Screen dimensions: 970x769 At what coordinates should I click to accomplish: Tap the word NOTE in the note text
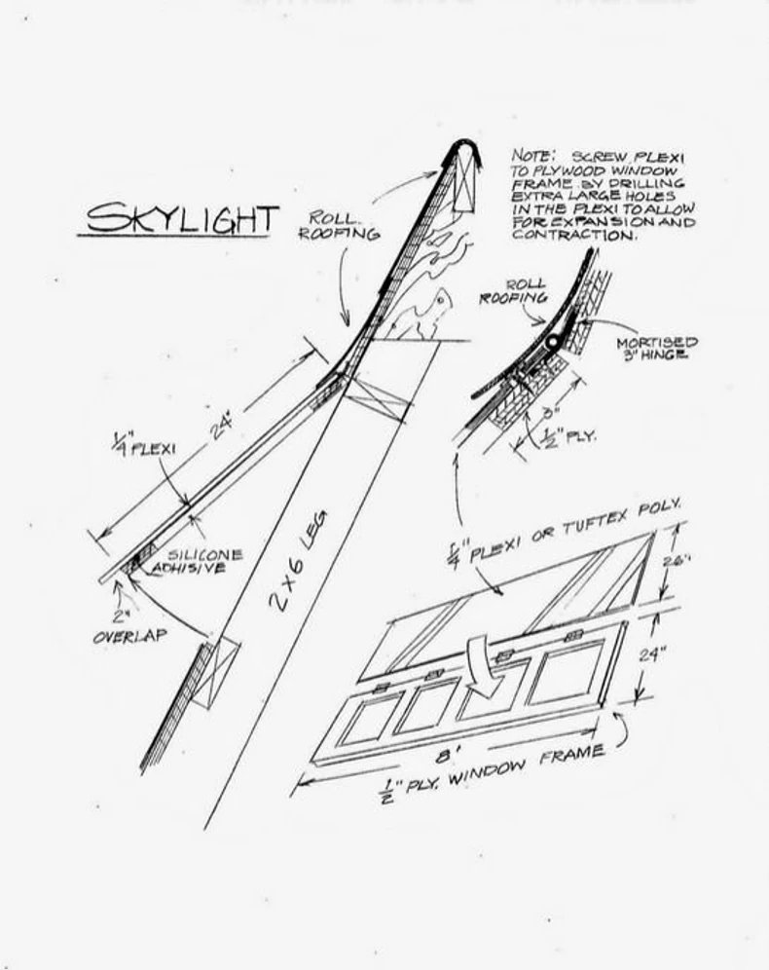tap(532, 155)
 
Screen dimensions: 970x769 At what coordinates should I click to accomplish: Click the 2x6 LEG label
tap(298, 559)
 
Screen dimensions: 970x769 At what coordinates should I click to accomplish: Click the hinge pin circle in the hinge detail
tap(553, 343)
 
